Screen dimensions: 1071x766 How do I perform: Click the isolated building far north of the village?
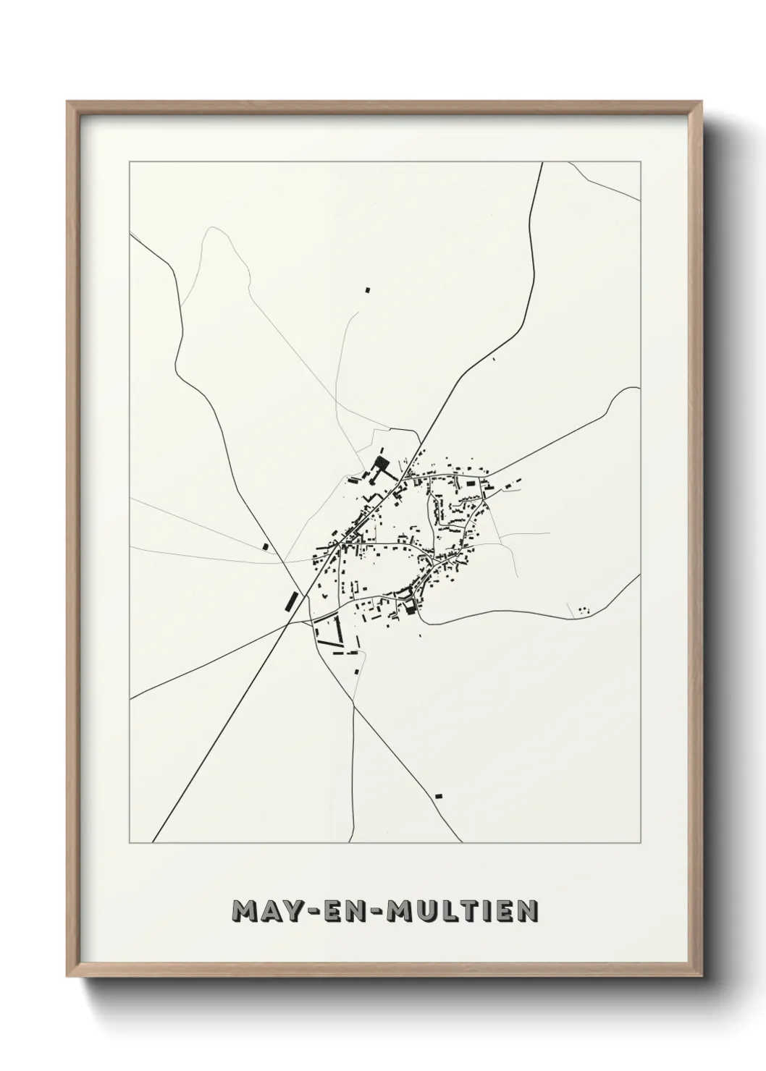point(367,290)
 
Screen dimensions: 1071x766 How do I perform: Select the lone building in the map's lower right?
point(438,796)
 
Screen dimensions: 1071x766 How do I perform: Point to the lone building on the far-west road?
point(265,546)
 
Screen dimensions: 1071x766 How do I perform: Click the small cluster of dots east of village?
point(584,610)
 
